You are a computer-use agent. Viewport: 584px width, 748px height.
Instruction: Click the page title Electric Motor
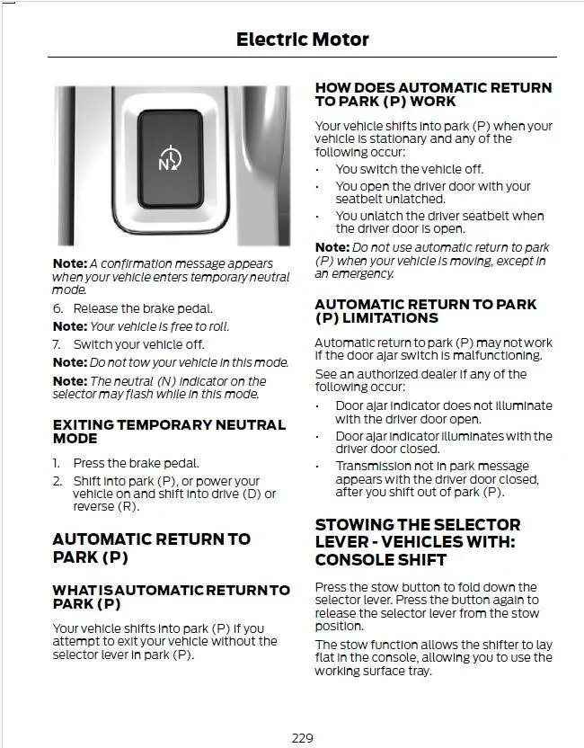pyautogui.click(x=302, y=39)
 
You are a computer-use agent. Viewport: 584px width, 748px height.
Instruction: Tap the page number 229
pyautogui.click(x=302, y=737)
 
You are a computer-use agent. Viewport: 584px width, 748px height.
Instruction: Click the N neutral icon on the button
pyautogui.click(x=170, y=160)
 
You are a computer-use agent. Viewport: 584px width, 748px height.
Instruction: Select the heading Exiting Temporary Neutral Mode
pyautogui.click(x=169, y=431)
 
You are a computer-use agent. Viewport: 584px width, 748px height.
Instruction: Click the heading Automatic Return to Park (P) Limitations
pyautogui.click(x=425, y=311)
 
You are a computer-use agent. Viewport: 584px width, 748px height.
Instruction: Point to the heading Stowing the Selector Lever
pyautogui.click(x=418, y=541)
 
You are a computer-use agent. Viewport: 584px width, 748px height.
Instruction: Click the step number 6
pyautogui.click(x=56, y=308)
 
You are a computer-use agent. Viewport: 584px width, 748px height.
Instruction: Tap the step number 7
pyautogui.click(x=56, y=344)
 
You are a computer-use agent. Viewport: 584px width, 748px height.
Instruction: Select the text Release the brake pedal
pyautogui.click(x=143, y=308)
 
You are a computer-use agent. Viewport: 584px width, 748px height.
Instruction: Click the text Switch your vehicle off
pyautogui.click(x=138, y=344)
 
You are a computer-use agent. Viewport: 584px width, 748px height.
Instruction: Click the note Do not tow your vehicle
pyautogui.click(x=189, y=362)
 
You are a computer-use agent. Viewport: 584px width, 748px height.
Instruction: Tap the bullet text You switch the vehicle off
pyautogui.click(x=409, y=169)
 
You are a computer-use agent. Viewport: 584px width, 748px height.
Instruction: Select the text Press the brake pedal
pyautogui.click(x=136, y=463)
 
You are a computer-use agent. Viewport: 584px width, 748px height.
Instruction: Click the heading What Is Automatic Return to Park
pyautogui.click(x=171, y=597)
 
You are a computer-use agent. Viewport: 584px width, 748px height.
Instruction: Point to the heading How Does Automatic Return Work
pyautogui.click(x=433, y=94)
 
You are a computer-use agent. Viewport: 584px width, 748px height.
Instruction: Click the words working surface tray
pyautogui.click(x=387, y=671)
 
